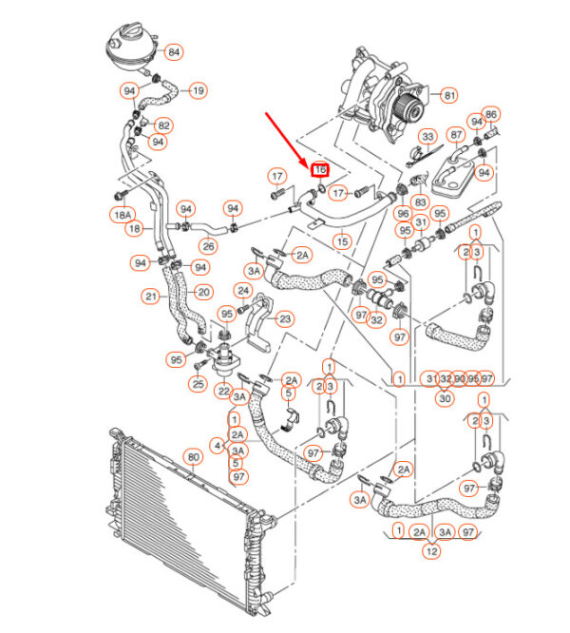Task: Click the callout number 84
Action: point(174,52)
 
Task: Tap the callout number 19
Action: point(198,91)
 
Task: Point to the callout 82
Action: point(163,125)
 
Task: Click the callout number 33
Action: point(427,137)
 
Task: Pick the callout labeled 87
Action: point(457,135)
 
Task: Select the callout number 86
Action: point(491,113)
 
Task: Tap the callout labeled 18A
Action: point(121,216)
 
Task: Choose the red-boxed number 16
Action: point(320,169)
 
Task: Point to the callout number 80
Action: point(193,457)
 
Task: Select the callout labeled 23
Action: point(284,319)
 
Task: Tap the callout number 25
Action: point(198,384)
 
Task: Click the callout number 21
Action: point(152,297)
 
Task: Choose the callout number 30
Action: point(443,398)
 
